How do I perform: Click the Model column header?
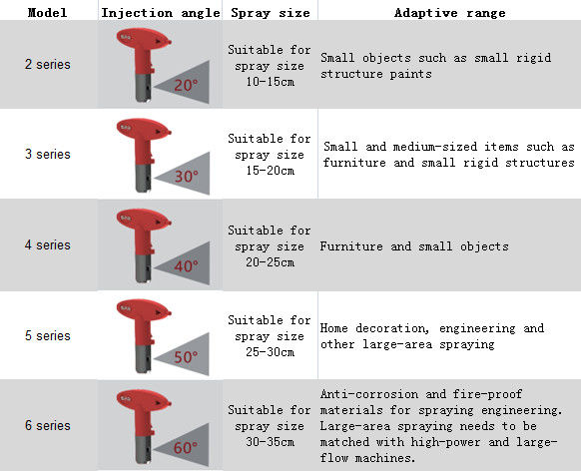point(48,13)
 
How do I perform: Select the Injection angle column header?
point(161,13)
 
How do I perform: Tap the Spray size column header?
point(271,13)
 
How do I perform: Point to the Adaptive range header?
point(449,13)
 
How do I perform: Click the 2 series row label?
point(48,65)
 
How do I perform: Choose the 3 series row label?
point(48,154)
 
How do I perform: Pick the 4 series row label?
point(48,245)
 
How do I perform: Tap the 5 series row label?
point(48,336)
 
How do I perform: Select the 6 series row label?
point(48,425)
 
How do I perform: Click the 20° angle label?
point(186,86)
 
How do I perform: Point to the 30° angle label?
point(186,177)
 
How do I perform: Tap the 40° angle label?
point(186,266)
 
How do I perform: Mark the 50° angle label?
point(186,357)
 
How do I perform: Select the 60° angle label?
point(186,448)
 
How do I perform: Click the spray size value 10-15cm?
point(271,82)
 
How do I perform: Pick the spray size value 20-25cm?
point(271,262)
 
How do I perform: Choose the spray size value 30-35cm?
point(271,442)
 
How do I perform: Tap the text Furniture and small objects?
point(414,246)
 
